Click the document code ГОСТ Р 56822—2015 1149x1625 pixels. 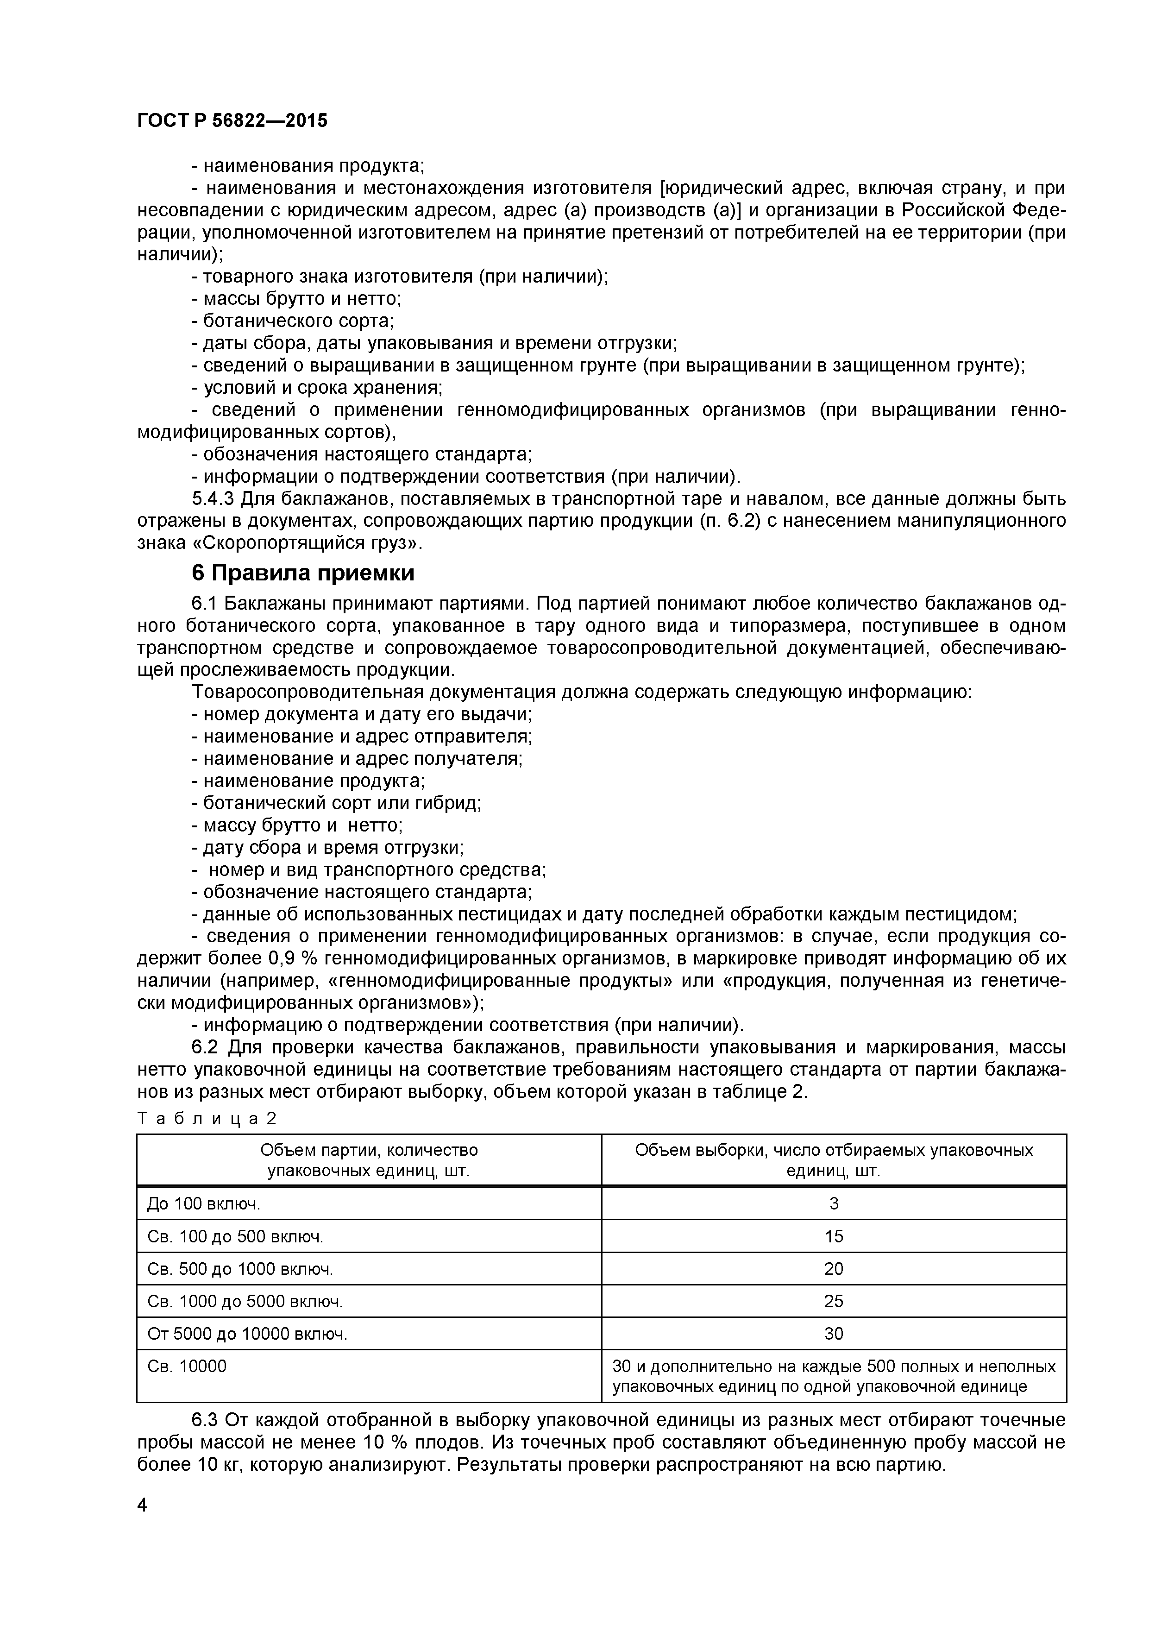232,120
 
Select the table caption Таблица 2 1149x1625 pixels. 207,1118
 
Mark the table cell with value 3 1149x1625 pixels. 834,1203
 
